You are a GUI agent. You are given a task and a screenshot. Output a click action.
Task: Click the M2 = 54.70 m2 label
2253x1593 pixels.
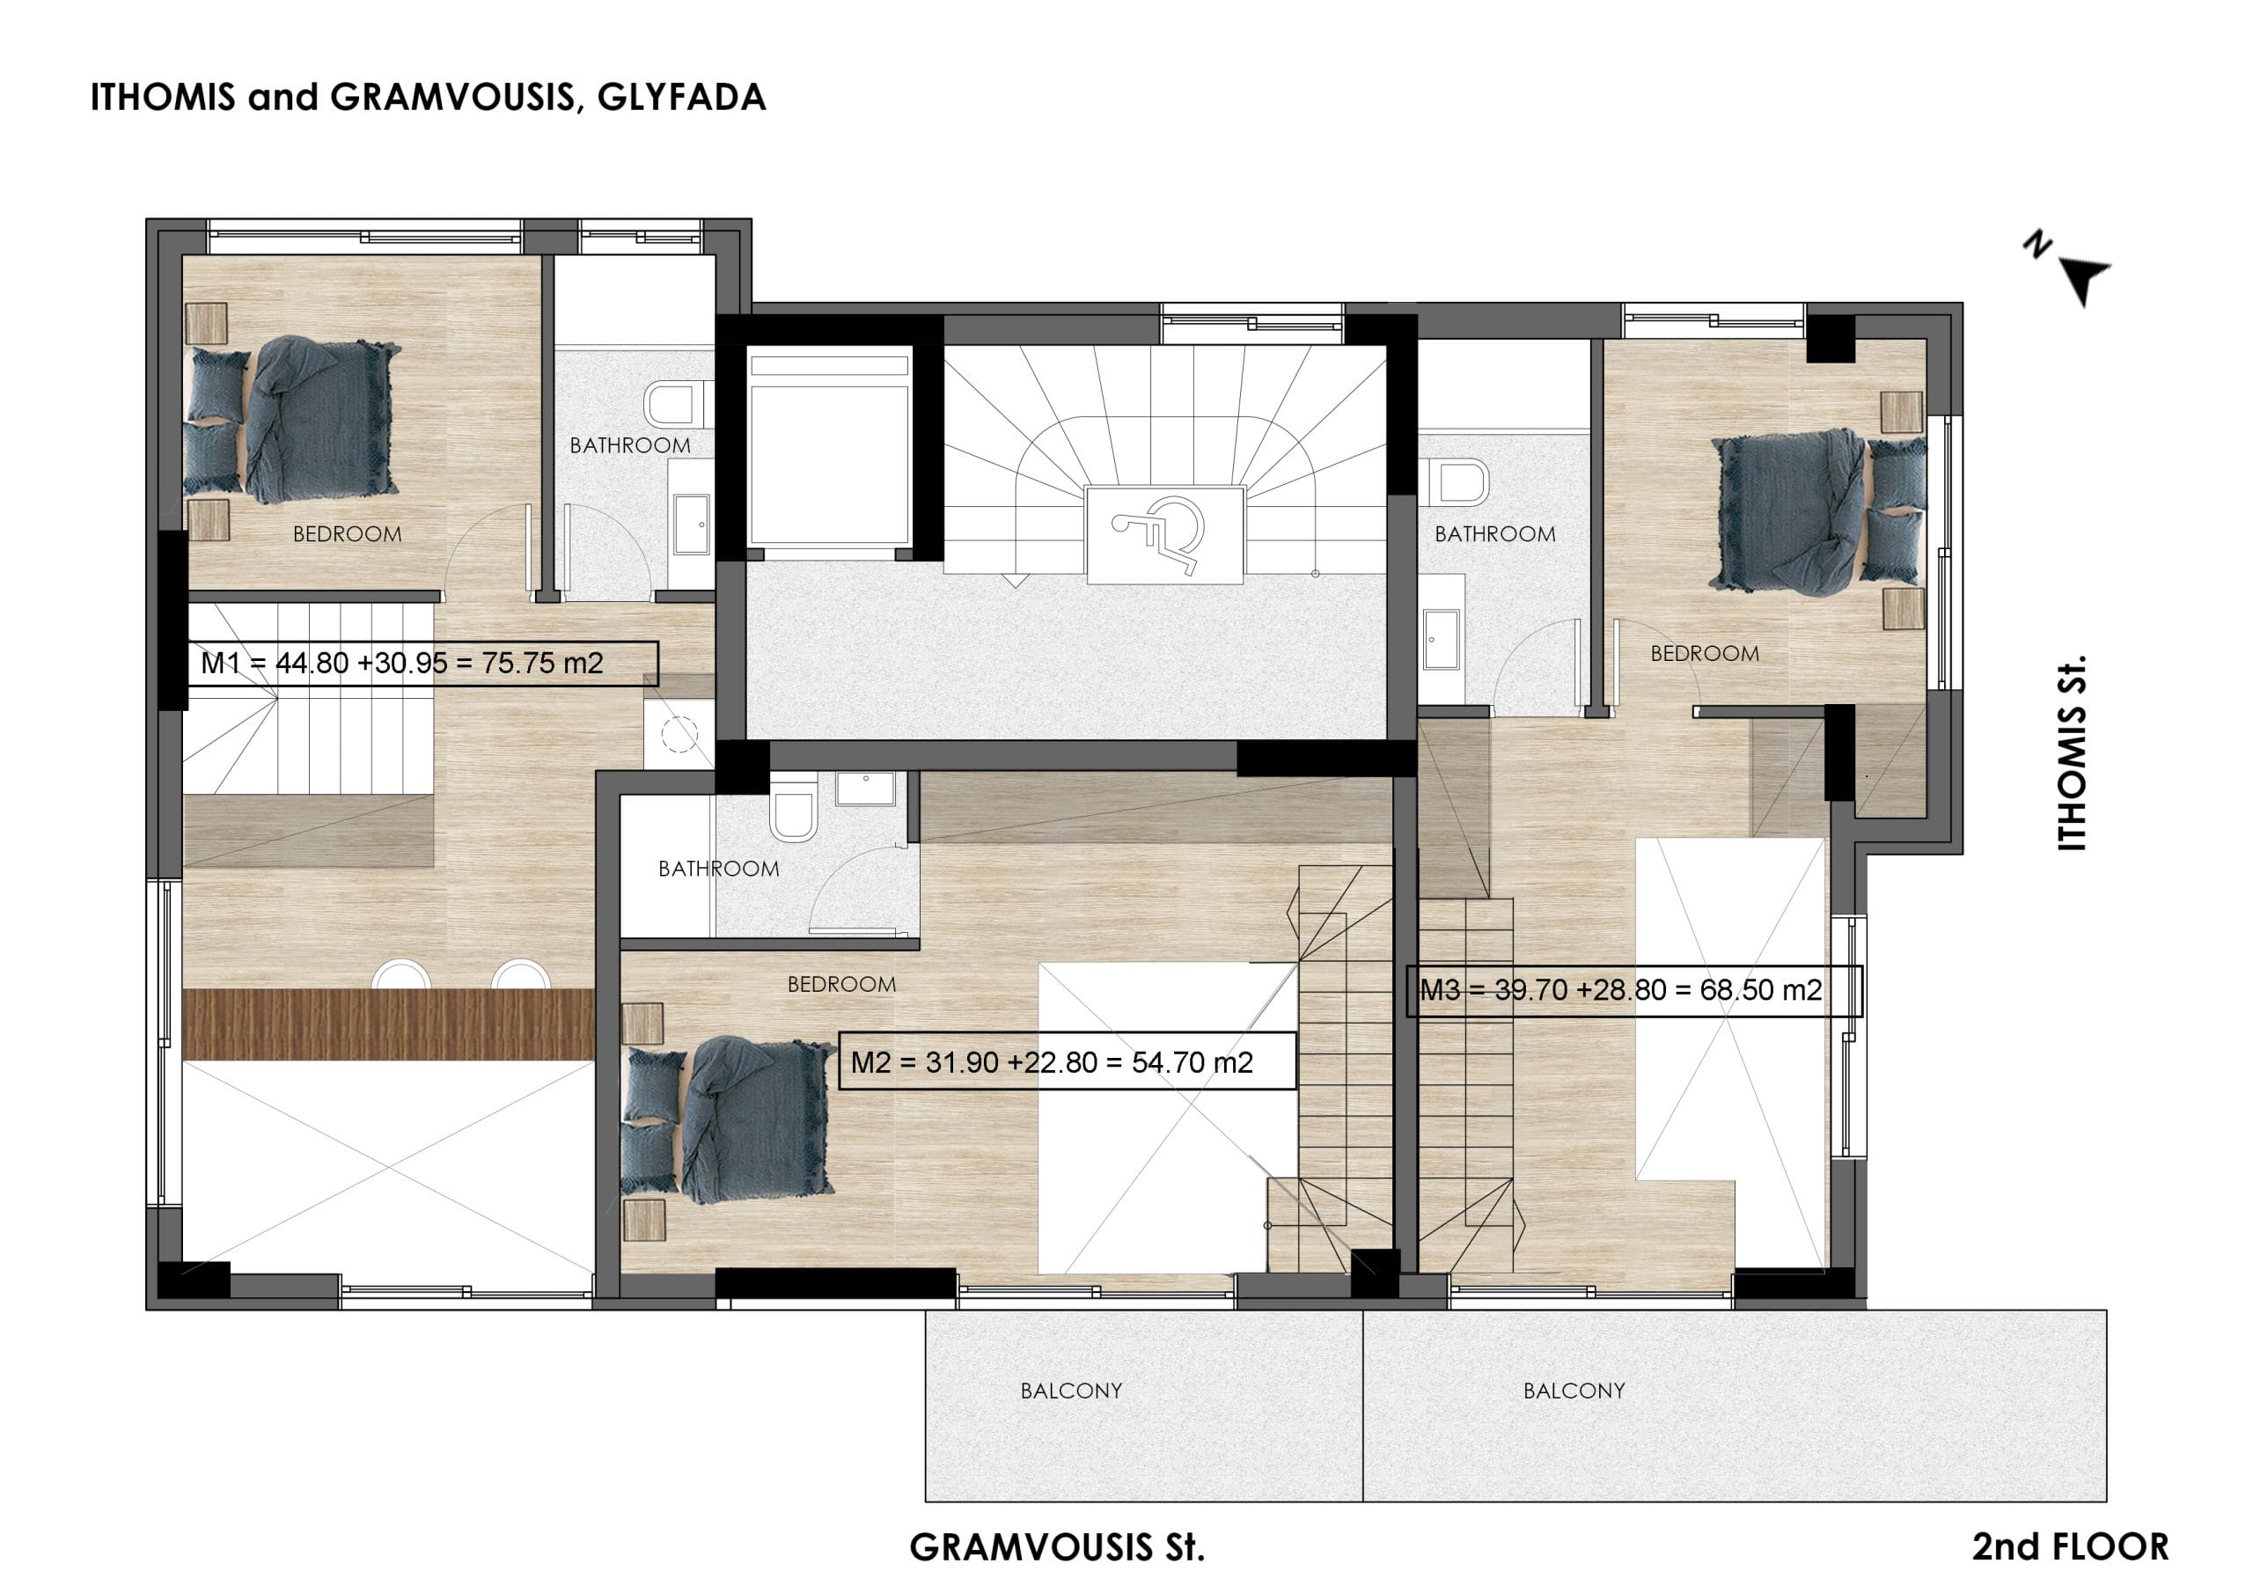1068,1062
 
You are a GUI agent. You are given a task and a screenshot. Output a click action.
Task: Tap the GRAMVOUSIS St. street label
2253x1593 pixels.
1057,1548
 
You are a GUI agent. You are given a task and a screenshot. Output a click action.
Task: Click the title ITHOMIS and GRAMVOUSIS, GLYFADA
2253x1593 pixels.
428,97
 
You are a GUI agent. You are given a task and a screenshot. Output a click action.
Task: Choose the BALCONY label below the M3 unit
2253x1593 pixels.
1574,1391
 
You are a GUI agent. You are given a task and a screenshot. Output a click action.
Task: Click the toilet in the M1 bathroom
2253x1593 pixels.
669,403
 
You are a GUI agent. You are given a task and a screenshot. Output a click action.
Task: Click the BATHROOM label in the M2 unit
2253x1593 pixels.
718,869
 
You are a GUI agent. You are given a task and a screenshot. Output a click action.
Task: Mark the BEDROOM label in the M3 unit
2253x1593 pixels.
1705,654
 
